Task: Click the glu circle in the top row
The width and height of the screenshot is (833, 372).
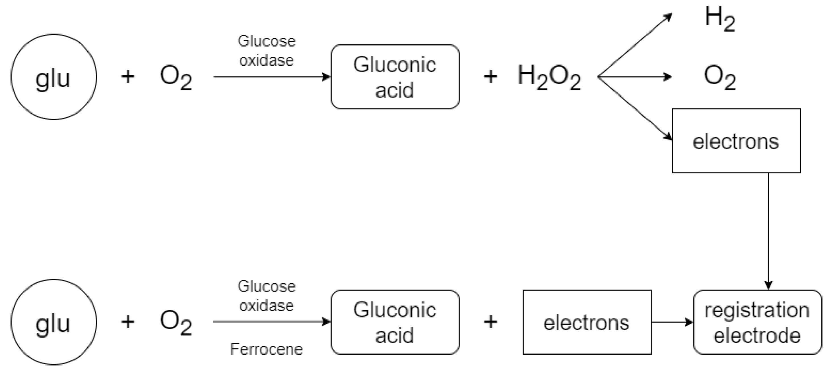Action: point(53,77)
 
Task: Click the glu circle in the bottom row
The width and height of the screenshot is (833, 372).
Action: point(53,322)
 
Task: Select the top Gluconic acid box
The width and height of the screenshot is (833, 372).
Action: point(395,77)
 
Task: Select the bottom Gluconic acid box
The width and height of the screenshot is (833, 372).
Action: point(395,322)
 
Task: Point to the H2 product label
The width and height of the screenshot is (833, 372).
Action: point(720,19)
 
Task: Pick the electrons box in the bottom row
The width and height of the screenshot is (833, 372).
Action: point(587,322)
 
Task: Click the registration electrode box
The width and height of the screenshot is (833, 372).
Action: point(757,322)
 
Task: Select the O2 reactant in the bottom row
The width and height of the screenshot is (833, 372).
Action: point(176,323)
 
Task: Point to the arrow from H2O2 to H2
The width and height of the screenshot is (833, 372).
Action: point(635,45)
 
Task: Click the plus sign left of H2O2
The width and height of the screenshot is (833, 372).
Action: point(490,77)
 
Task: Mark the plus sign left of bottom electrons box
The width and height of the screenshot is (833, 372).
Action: point(490,322)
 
